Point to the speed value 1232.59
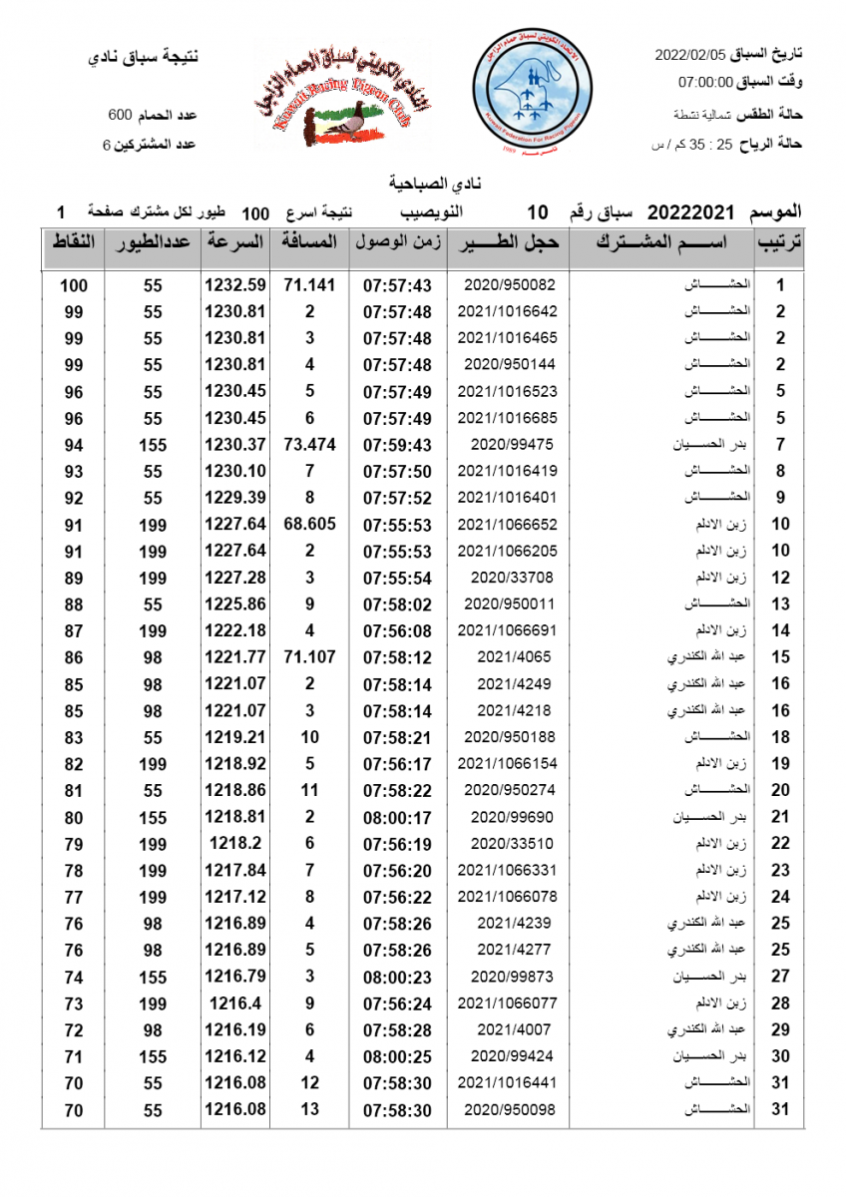pyautogui.click(x=235, y=285)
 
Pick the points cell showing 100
pyautogui.click(x=74, y=285)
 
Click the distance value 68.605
pyautogui.click(x=309, y=524)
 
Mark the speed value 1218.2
pyautogui.click(x=235, y=844)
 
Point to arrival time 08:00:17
pyautogui.click(x=397, y=817)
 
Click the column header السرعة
pyautogui.click(x=236, y=242)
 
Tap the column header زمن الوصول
pyautogui.click(x=397, y=242)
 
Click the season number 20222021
pyautogui.click(x=690, y=212)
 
